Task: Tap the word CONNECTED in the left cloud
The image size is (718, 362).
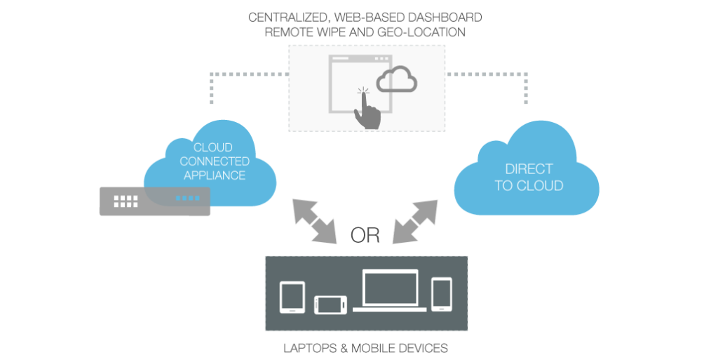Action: (x=214, y=162)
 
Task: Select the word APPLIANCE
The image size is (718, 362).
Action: (x=214, y=175)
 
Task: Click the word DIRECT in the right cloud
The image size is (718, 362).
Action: (x=529, y=169)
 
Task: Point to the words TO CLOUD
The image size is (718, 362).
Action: (x=529, y=186)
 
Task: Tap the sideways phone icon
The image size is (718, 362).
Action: (x=330, y=304)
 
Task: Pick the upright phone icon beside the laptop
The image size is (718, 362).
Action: (x=442, y=293)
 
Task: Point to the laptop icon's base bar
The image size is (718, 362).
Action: (x=389, y=309)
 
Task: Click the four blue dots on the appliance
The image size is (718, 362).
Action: (x=187, y=199)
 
